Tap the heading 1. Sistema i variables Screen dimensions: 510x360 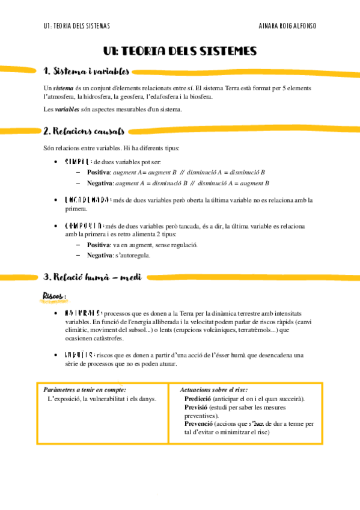86,72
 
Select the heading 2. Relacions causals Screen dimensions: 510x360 84,131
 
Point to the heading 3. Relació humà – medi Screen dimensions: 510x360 94,277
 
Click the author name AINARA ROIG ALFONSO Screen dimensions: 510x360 287,26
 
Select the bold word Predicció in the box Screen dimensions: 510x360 198,399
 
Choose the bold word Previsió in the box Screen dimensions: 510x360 197,407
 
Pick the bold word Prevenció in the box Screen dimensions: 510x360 199,423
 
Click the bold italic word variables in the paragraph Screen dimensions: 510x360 67,109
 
